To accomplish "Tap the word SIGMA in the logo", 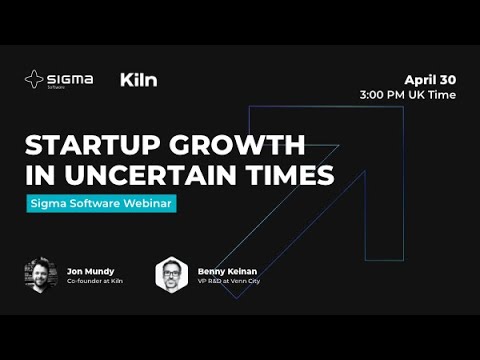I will [x=69, y=77].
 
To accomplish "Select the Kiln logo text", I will [x=138, y=79].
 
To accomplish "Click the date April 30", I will [x=430, y=79].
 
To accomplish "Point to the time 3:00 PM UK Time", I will [x=408, y=95].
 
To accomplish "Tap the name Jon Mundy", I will [x=91, y=269].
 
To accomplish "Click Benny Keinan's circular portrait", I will [x=172, y=275].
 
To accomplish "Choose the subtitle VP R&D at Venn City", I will [x=229, y=283].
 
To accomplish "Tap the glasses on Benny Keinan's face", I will [x=172, y=271].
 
